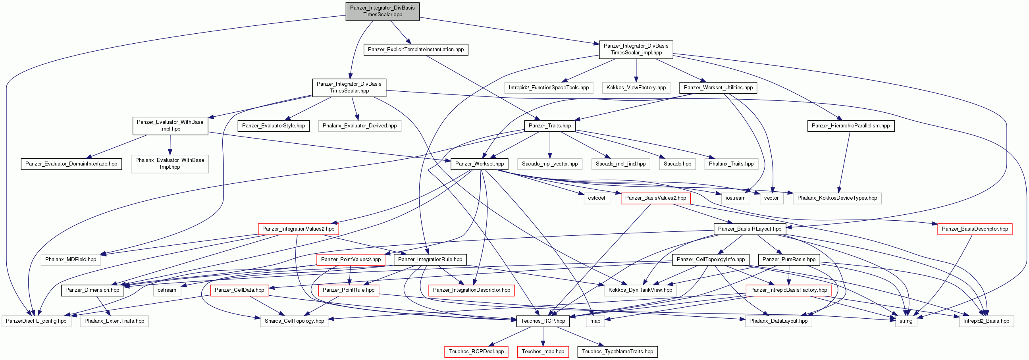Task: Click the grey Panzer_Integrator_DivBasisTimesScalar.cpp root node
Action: (382, 11)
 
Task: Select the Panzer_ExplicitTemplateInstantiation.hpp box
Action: (416, 50)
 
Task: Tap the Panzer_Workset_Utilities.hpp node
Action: (718, 87)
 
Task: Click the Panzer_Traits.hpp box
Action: (550, 125)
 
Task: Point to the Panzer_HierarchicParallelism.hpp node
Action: (851, 125)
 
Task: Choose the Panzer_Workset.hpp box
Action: (479, 164)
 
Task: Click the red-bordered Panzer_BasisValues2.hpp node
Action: (655, 198)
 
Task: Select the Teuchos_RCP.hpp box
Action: (543, 321)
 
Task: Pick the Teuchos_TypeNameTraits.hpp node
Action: (617, 352)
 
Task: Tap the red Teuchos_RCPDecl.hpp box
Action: (476, 352)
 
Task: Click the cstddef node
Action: (596, 198)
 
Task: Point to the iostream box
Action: (735, 198)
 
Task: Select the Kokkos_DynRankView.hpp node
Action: (640, 290)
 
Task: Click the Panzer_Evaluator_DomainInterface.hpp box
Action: (71, 164)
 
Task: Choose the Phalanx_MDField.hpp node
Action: (71, 260)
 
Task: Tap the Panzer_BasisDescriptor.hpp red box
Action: (975, 229)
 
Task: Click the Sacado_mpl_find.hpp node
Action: (620, 164)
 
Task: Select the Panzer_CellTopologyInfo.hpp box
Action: (711, 260)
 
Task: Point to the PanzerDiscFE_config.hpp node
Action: (37, 321)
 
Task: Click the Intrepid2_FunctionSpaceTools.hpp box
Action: (549, 87)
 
